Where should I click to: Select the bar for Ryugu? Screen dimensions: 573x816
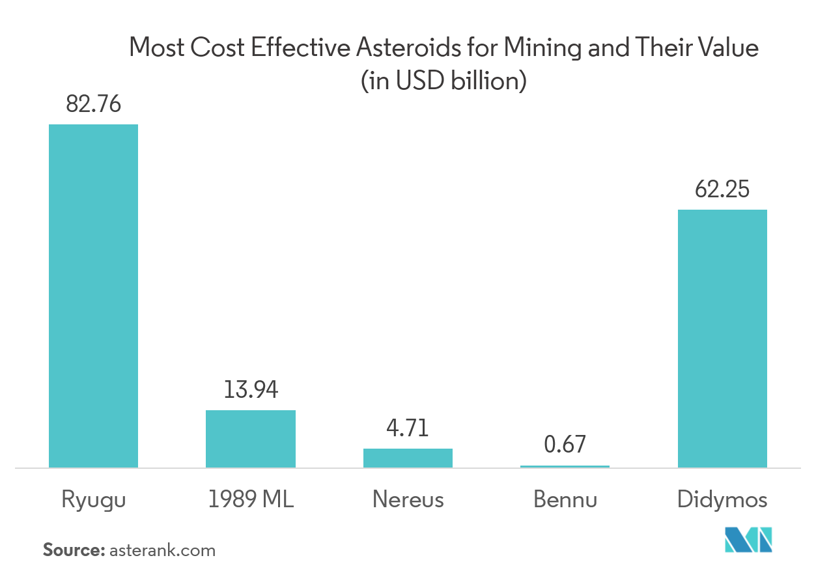coord(93,296)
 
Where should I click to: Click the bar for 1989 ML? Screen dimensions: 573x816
coord(251,438)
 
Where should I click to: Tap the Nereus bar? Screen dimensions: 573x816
coord(408,458)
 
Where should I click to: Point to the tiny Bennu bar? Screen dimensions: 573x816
coord(565,466)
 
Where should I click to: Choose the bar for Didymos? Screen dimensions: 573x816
coord(722,338)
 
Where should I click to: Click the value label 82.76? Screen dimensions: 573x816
coord(93,104)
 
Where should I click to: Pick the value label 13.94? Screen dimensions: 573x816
coord(251,390)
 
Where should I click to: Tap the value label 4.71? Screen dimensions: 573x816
coord(408,429)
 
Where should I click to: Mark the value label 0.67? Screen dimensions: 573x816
coord(565,445)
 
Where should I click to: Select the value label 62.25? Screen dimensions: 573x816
coord(722,189)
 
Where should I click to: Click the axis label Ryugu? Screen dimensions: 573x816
coord(93,500)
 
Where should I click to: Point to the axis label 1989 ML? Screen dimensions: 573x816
coord(251,499)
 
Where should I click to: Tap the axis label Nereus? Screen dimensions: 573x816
coord(408,499)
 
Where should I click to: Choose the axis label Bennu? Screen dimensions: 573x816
coord(565,499)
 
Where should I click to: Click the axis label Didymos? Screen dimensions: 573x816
coord(722,500)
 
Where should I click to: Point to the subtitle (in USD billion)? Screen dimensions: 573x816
coord(443,82)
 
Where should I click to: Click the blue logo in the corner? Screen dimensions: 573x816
coord(748,539)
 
